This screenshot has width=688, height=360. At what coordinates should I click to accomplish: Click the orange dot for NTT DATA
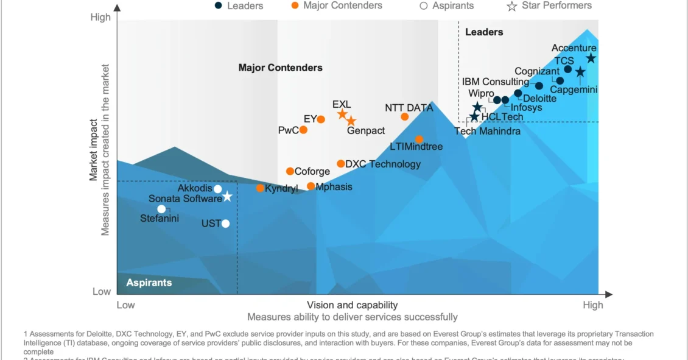coord(405,117)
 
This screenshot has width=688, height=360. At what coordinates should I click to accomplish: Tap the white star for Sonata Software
coord(227,197)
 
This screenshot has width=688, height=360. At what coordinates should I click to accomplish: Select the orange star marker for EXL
coord(342,115)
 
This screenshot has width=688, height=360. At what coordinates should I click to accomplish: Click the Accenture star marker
coord(591,58)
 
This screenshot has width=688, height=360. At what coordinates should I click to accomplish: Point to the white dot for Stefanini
coord(161,209)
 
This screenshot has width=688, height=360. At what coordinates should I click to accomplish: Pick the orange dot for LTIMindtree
coord(419,139)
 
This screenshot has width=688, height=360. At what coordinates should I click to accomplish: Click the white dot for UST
coord(226,224)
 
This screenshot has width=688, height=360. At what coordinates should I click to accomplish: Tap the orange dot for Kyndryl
coord(260,188)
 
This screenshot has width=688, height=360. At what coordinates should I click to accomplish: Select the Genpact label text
coord(366,130)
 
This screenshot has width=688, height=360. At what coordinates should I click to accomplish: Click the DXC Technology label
coord(382,164)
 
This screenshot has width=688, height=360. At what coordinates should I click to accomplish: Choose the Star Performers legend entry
coord(549,5)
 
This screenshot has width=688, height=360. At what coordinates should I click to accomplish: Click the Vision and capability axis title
coord(352,305)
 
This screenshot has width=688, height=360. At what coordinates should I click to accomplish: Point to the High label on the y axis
coord(101,17)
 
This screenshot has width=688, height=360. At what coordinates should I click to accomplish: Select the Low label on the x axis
coord(125,305)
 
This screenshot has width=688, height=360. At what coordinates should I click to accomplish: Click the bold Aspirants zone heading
coord(149,283)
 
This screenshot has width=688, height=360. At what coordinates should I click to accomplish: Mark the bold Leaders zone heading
coord(484,32)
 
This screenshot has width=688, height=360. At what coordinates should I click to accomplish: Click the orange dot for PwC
coord(303,130)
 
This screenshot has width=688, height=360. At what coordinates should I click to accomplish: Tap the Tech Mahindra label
coord(488,131)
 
